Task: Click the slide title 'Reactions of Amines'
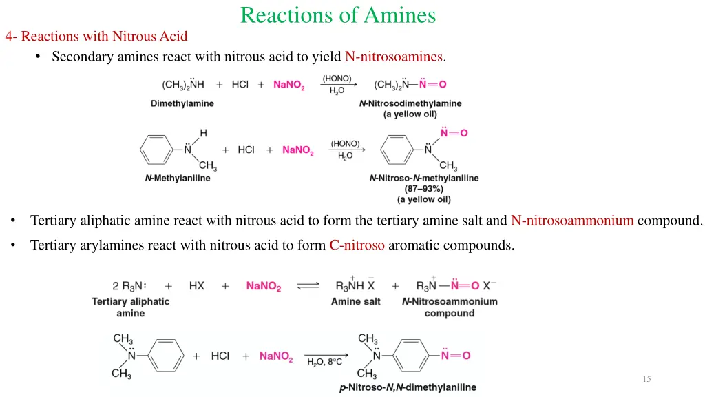pos(338,15)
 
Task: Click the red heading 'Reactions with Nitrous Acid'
pos(104,36)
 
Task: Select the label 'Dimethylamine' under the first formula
pos(182,103)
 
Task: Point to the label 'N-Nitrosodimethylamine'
pos(410,103)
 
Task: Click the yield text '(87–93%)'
pos(423,189)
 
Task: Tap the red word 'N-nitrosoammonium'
pos(572,221)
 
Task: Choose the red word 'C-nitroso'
pos(357,245)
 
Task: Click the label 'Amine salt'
pos(356,301)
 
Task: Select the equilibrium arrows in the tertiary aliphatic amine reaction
pos(308,286)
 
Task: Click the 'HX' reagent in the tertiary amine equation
pos(196,286)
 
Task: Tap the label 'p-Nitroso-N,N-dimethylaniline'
pos(408,387)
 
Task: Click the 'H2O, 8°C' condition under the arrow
pos(324,362)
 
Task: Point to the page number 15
pos(646,379)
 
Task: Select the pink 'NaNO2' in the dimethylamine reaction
pos(288,85)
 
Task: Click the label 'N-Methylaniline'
pos(178,178)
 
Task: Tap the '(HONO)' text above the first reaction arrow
pos(337,78)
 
